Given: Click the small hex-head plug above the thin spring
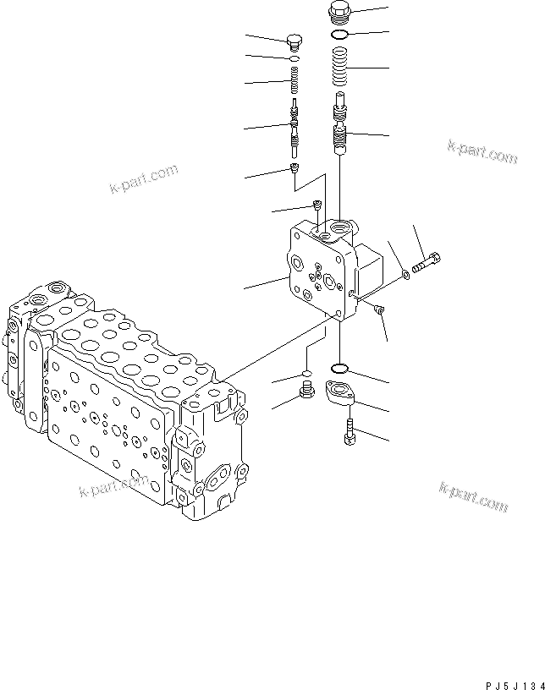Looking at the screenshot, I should point(294,42).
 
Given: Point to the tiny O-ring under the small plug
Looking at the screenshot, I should point(293,59).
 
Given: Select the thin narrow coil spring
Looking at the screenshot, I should point(293,81).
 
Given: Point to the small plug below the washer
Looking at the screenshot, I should point(380,309).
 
